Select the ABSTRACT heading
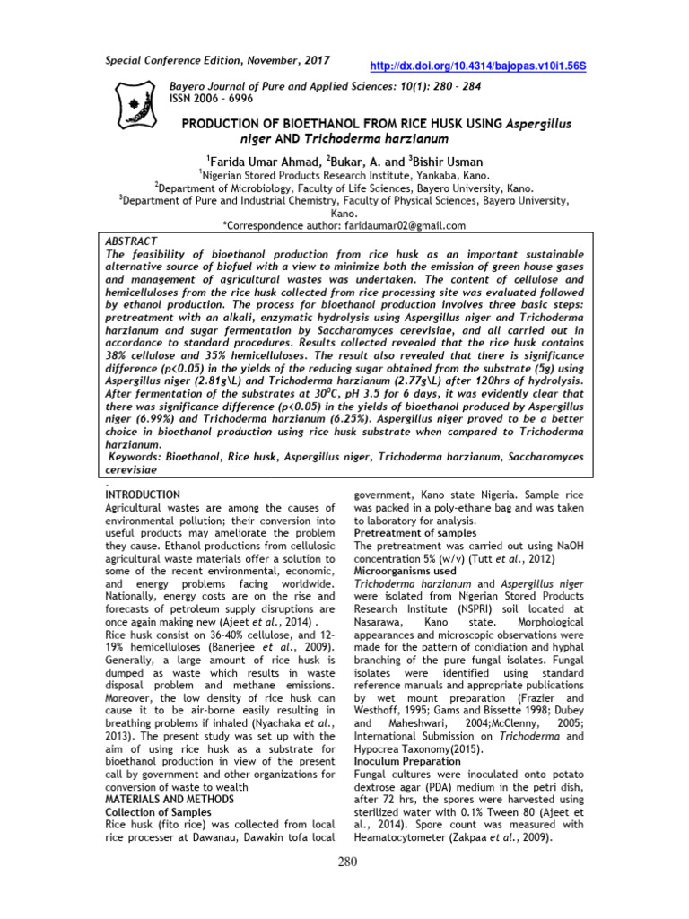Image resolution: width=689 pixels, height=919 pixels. pyautogui.click(x=133, y=242)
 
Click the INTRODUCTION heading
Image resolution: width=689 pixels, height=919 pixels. pyautogui.click(x=144, y=495)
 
